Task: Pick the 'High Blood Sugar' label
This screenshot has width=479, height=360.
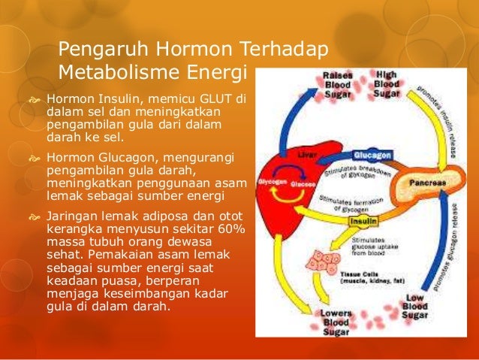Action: click(x=387, y=84)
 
